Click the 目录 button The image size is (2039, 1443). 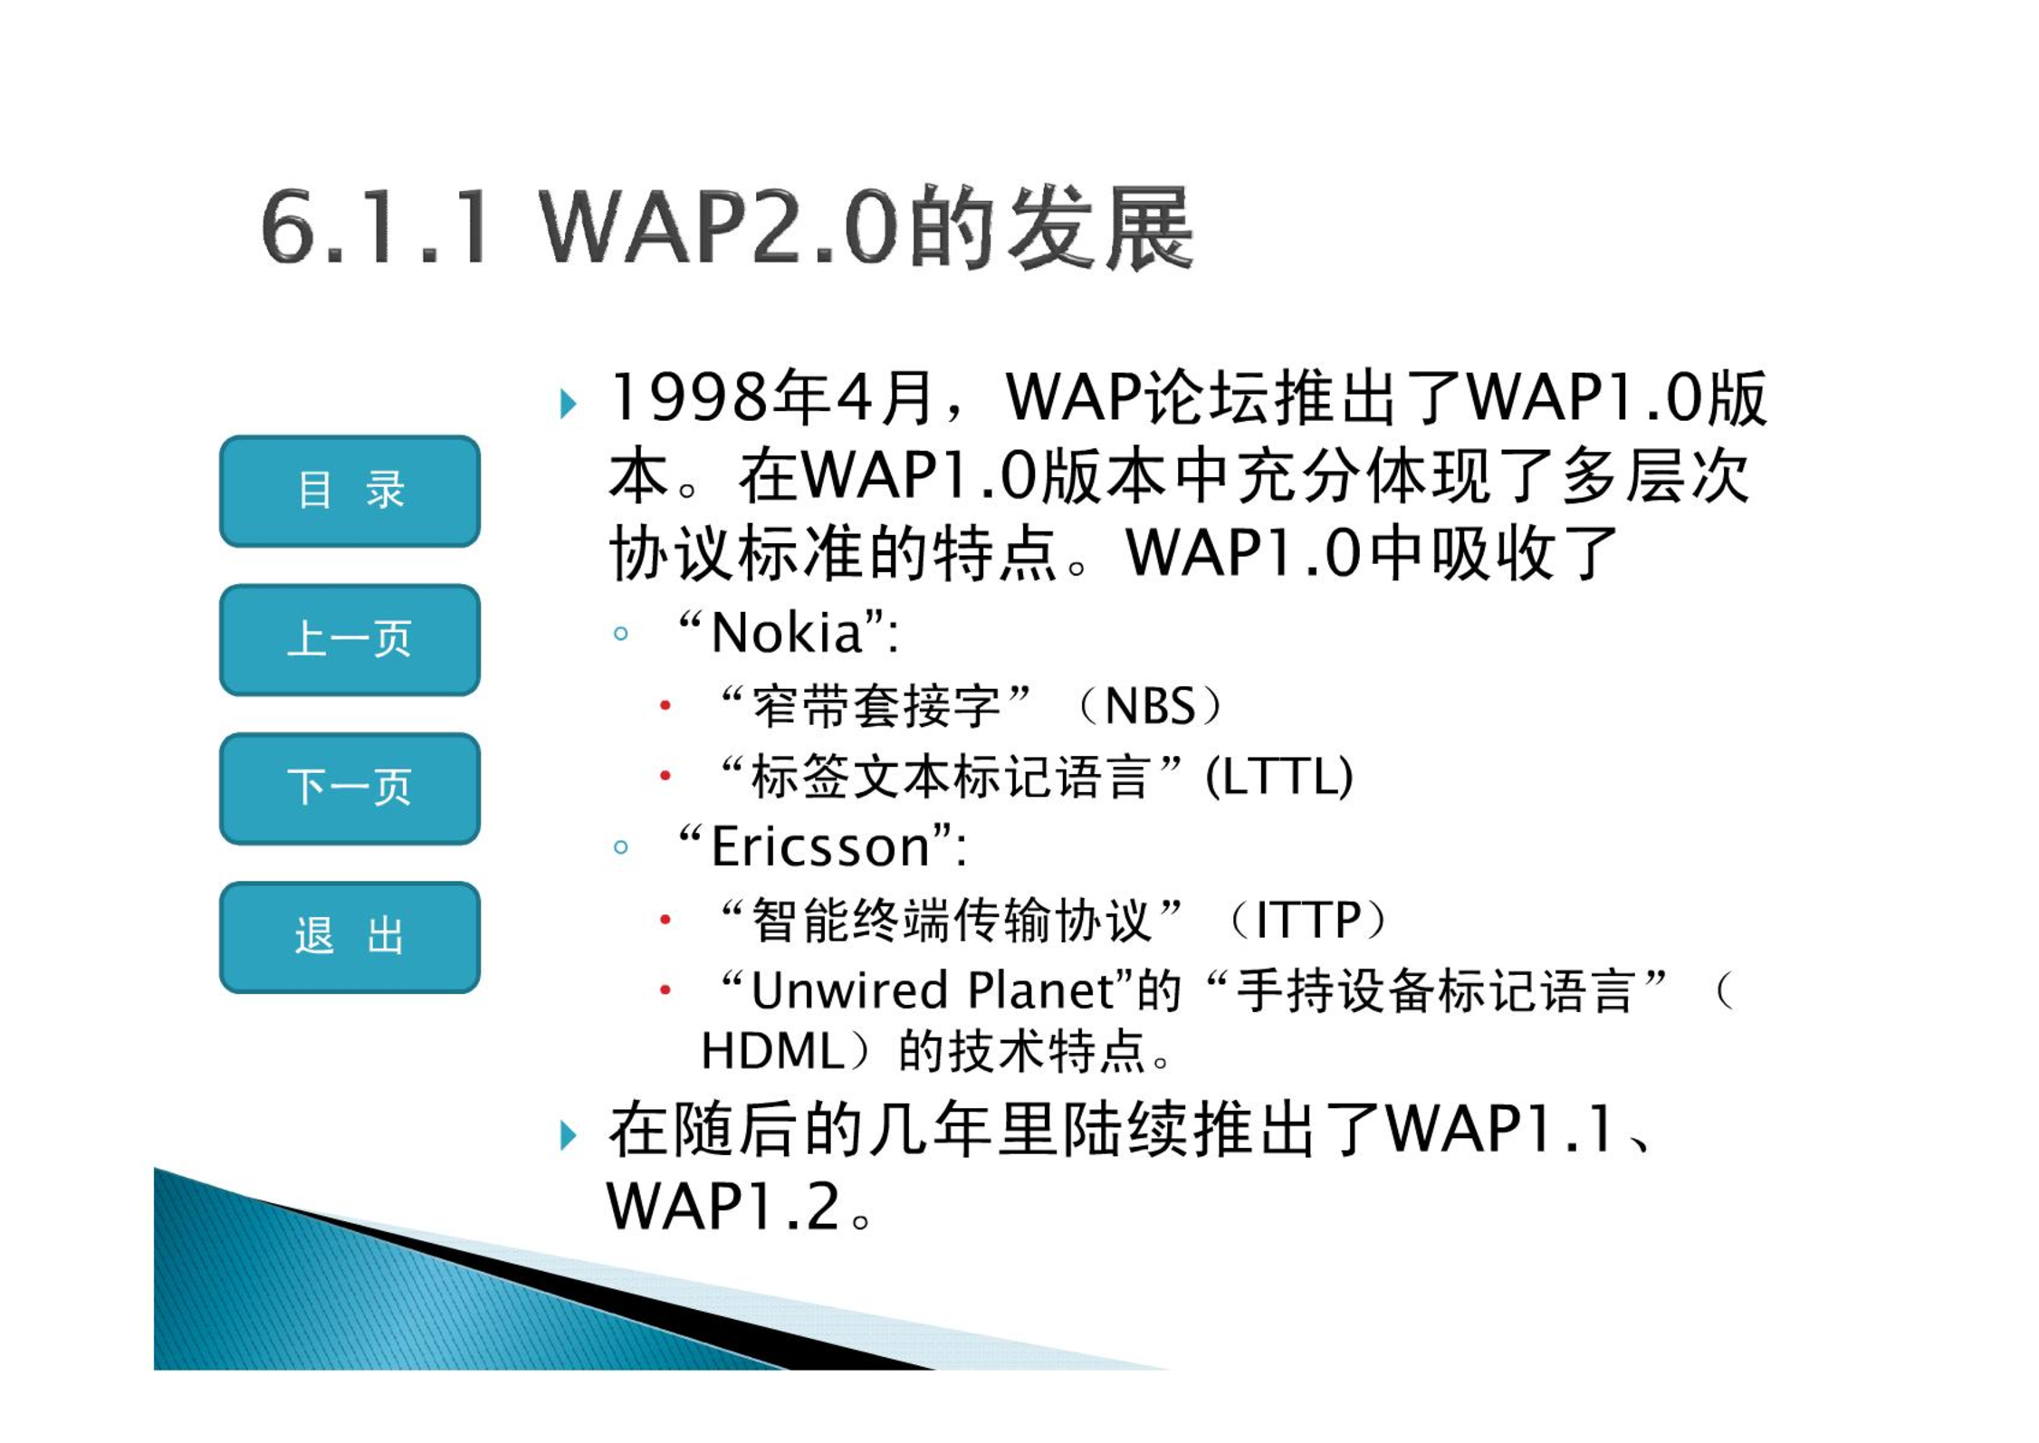coord(349,491)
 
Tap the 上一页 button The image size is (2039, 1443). coord(349,639)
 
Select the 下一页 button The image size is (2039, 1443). coord(349,788)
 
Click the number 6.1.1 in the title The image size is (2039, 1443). coord(376,226)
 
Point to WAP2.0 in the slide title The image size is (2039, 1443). coord(720,226)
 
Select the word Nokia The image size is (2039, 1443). coord(786,632)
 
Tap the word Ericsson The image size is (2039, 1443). coord(820,846)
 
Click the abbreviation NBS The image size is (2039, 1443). coord(1151,705)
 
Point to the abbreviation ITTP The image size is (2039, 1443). coord(1308,920)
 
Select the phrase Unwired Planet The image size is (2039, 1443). coord(933,989)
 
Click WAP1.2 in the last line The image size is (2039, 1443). coord(724,1207)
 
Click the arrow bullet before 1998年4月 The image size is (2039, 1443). coord(568,403)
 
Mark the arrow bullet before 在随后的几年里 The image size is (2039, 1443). coord(568,1134)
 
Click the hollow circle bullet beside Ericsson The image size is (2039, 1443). coord(620,847)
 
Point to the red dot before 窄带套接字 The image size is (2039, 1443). coord(665,705)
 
